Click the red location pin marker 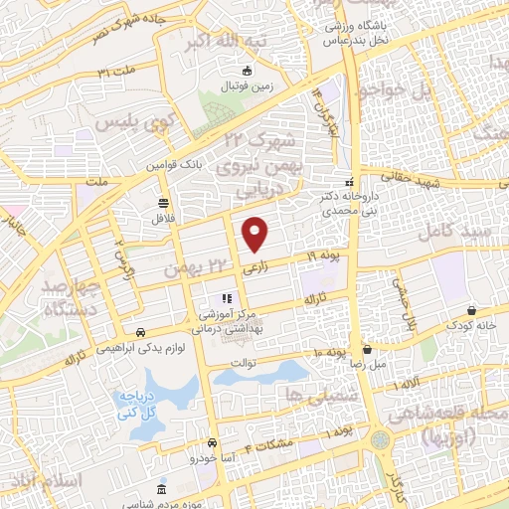tap(255, 233)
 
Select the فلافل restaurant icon tap(162, 203)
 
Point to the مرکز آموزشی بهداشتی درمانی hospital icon tap(227, 297)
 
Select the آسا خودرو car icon tap(212, 443)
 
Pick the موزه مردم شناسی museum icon tap(162, 491)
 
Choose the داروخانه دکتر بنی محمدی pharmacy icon tap(348, 182)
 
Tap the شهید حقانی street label tap(450, 184)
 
